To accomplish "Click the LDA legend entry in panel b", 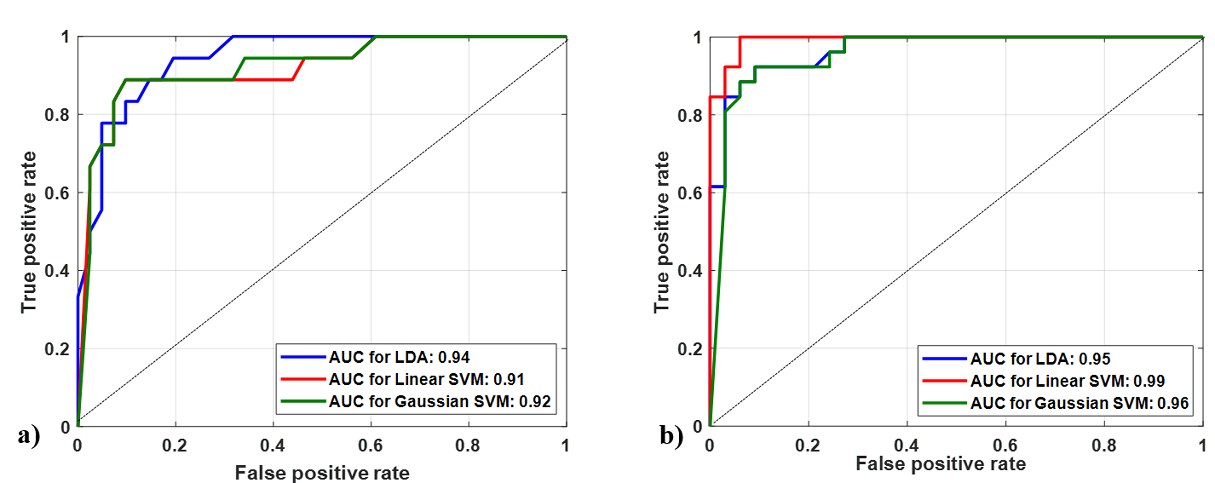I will tap(1040, 359).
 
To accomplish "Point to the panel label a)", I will tap(29, 436).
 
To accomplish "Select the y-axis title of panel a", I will tap(28, 232).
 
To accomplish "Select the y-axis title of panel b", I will tap(661, 232).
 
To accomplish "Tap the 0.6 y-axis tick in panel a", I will tap(57, 193).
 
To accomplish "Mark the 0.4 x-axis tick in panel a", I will tap(273, 446).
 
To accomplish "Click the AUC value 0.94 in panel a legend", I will tap(454, 357).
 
